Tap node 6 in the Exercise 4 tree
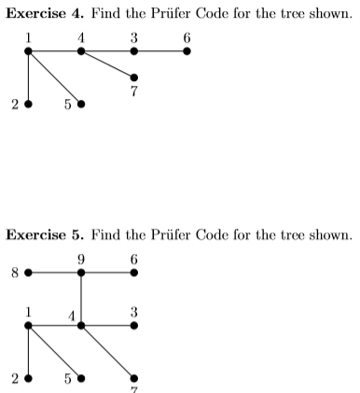[x=187, y=50]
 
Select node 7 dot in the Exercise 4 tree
[x=134, y=77]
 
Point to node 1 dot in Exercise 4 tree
[x=29, y=50]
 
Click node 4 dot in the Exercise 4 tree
[x=81, y=50]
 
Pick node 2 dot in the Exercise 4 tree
[x=29, y=104]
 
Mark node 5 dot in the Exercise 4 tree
[x=81, y=104]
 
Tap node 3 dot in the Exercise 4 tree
[x=134, y=50]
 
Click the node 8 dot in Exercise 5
[x=29, y=273]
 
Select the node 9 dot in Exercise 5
[x=81, y=273]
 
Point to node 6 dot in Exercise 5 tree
[x=134, y=273]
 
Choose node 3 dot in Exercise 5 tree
[x=134, y=326]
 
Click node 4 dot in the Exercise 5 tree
[x=81, y=326]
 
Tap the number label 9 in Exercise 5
[x=81, y=259]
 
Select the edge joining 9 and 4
[x=81, y=299]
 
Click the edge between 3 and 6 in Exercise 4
[x=160, y=50]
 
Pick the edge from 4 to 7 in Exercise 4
[x=107, y=63]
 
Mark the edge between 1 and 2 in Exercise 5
[x=29, y=352]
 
